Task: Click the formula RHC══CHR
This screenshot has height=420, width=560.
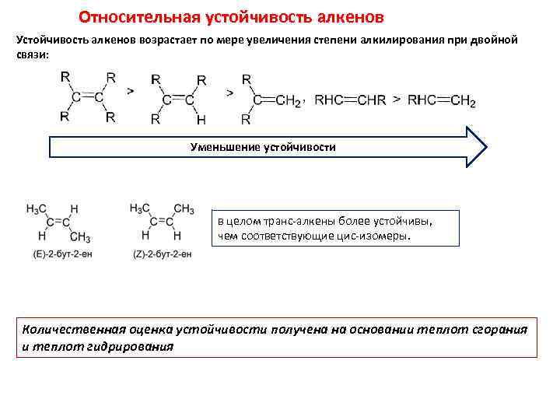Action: (x=350, y=101)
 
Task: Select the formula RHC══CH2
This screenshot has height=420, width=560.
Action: (x=442, y=101)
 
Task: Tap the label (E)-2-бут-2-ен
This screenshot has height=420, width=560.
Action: (x=58, y=254)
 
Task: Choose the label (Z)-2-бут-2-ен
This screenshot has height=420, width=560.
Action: (x=160, y=254)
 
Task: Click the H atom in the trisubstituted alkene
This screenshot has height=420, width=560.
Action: (x=201, y=120)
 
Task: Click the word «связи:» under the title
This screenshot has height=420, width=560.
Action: (x=31, y=54)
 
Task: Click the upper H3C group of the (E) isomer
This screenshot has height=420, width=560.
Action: (x=37, y=209)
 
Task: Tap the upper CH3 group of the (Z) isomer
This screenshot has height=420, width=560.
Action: (x=184, y=209)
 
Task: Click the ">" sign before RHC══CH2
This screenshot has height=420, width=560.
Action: (x=397, y=100)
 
